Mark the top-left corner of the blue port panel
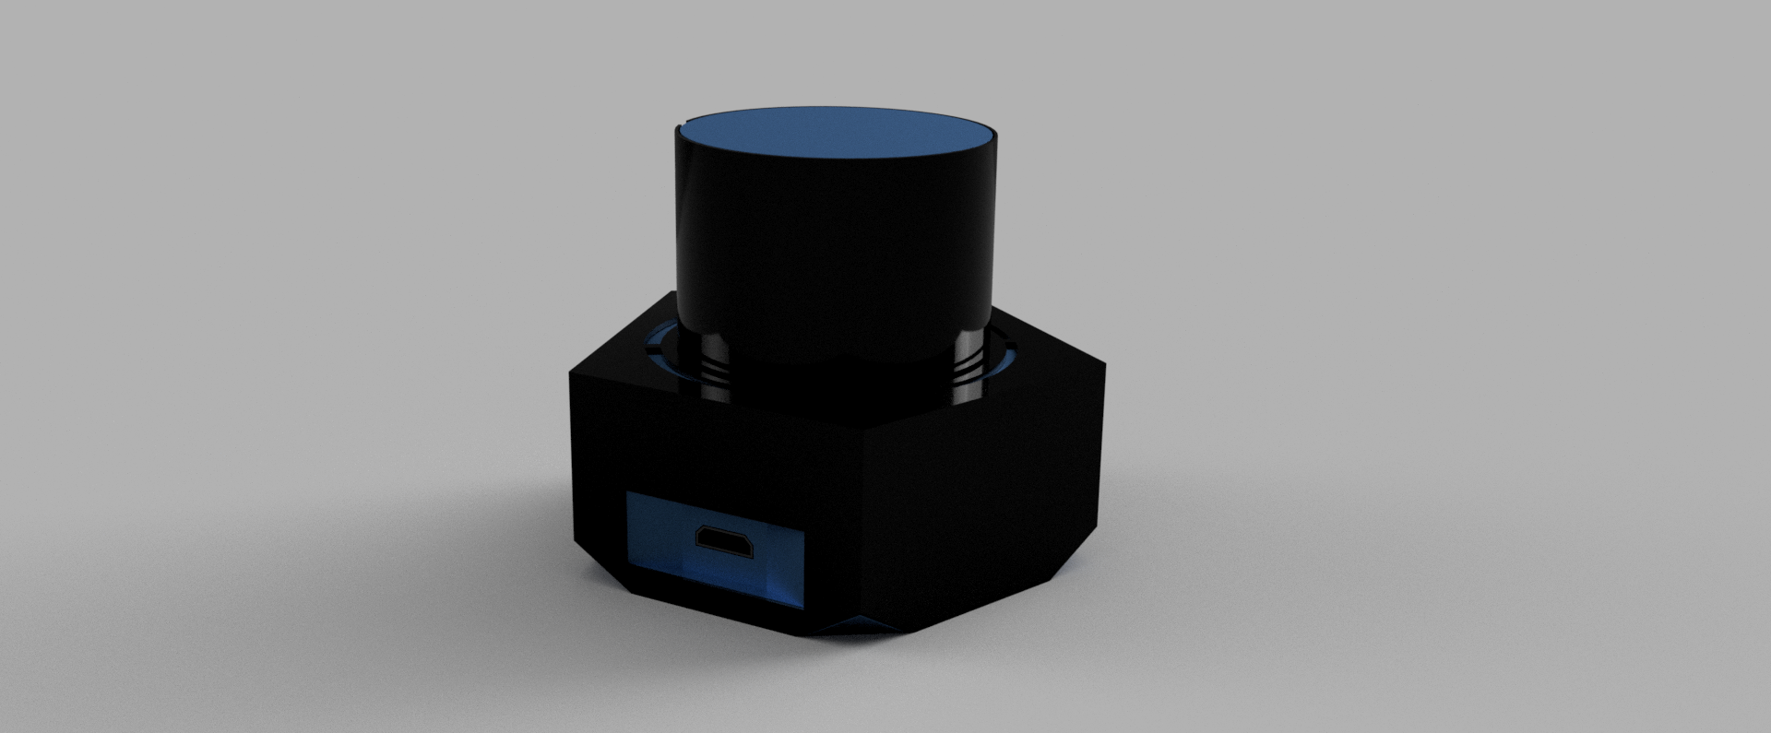pyautogui.click(x=628, y=494)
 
